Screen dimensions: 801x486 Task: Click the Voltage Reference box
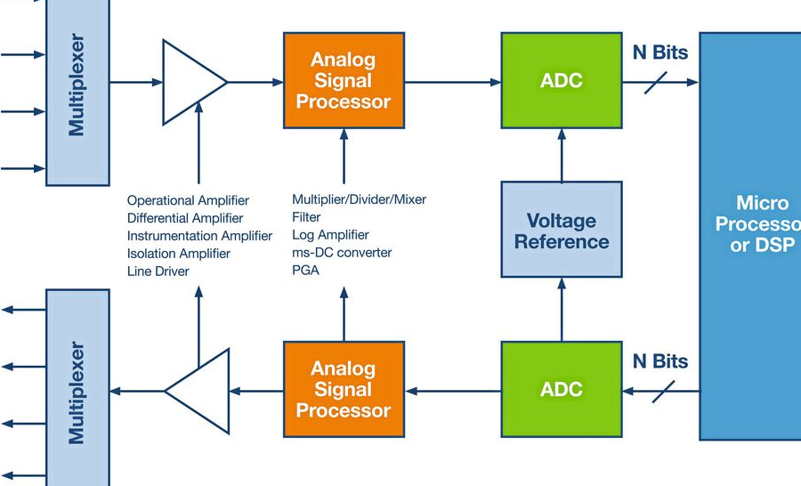click(x=562, y=230)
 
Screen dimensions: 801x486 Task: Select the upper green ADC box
click(x=562, y=80)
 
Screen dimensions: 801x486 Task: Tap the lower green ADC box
click(x=562, y=389)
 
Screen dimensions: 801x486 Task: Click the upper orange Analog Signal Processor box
click(x=344, y=80)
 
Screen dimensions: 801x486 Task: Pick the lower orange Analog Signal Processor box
click(x=344, y=389)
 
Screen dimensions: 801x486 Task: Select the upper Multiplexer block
click(x=77, y=92)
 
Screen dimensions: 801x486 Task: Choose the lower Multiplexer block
click(x=77, y=387)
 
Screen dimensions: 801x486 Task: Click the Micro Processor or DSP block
click(x=750, y=236)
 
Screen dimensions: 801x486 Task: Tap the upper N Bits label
click(x=660, y=53)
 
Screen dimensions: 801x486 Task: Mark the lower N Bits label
click(x=660, y=361)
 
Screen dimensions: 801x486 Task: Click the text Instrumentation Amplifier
click(x=199, y=236)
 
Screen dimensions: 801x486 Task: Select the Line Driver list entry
click(x=158, y=271)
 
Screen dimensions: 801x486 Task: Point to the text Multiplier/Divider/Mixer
click(x=360, y=199)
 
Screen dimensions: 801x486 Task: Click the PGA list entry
click(x=305, y=270)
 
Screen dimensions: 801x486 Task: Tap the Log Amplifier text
click(x=330, y=235)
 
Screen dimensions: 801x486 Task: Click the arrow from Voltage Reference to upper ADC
click(x=562, y=156)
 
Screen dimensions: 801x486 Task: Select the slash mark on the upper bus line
click(x=655, y=82)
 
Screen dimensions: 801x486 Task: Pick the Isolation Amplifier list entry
click(x=179, y=254)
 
